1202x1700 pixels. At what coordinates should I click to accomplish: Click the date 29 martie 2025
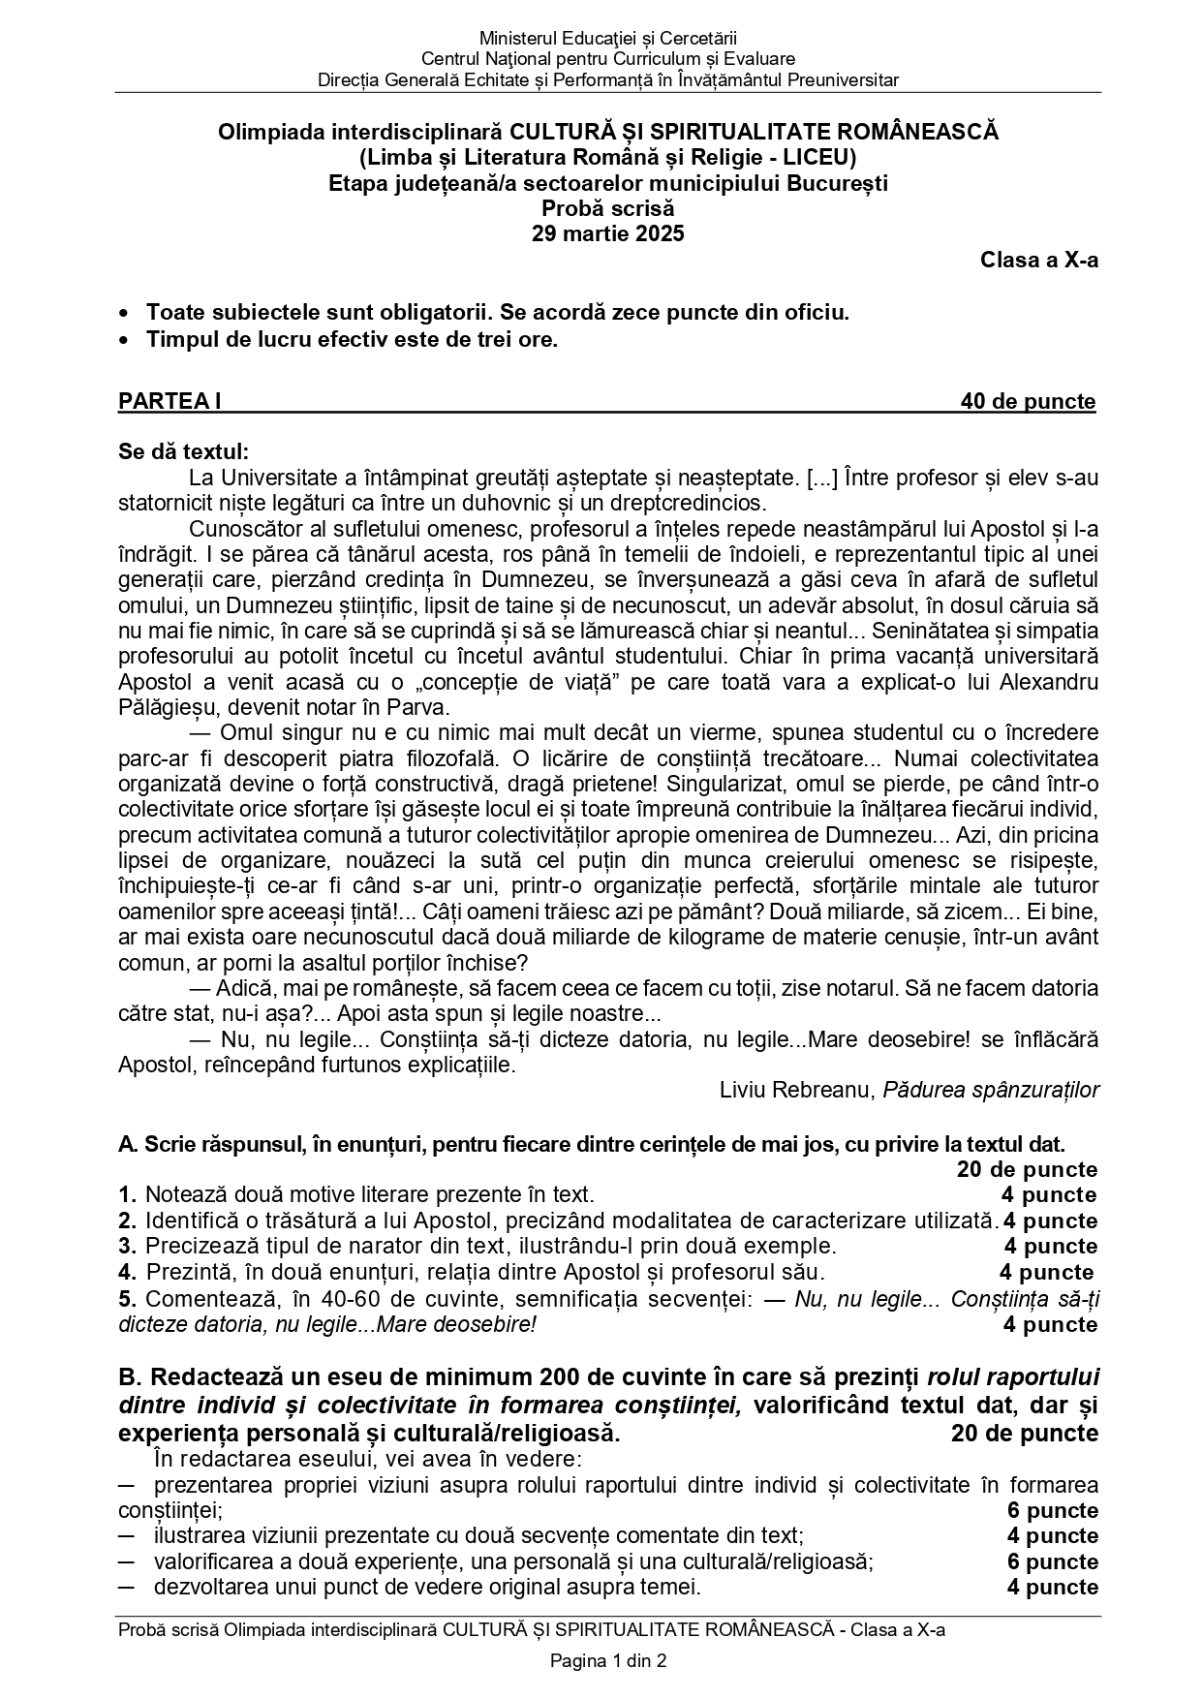point(607,233)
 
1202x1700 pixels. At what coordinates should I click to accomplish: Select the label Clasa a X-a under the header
point(1038,260)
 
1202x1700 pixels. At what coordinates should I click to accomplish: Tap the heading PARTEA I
point(170,401)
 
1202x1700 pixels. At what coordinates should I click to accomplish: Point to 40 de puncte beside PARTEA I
point(1028,401)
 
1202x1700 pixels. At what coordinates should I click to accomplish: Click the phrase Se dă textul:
point(183,451)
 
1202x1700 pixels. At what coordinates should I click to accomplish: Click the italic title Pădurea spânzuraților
point(991,1090)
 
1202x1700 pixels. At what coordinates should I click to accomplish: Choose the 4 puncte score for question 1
point(1049,1194)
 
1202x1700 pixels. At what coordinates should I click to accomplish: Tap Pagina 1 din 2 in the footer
point(608,1661)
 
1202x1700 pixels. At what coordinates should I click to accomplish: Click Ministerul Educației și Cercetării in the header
point(607,39)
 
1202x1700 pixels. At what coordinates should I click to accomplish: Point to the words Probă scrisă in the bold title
point(607,208)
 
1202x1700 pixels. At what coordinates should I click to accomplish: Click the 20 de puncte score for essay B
point(1024,1433)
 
